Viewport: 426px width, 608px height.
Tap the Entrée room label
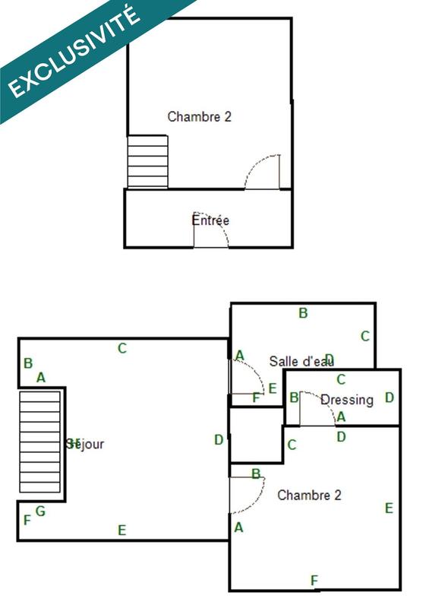(x=210, y=220)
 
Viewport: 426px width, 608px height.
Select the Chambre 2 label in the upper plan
(x=199, y=117)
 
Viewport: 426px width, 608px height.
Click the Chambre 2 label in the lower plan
(x=309, y=496)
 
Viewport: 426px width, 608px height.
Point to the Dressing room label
(x=347, y=400)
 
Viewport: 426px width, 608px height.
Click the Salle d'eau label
(x=301, y=361)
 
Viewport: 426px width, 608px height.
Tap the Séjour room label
(x=85, y=444)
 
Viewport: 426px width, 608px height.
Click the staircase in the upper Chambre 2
(x=147, y=162)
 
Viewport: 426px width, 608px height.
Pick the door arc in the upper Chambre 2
(x=263, y=171)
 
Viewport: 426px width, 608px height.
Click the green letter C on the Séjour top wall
(x=121, y=349)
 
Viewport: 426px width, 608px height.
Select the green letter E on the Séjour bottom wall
(x=121, y=530)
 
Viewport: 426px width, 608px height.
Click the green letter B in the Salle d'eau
(x=303, y=313)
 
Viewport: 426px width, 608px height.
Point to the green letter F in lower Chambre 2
(x=314, y=581)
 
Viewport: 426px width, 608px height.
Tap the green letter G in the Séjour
(x=40, y=511)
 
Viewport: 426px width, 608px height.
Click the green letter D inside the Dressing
(x=390, y=397)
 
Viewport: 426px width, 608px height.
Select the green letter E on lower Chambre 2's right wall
(x=389, y=508)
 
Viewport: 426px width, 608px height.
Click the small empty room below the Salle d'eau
(x=257, y=435)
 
